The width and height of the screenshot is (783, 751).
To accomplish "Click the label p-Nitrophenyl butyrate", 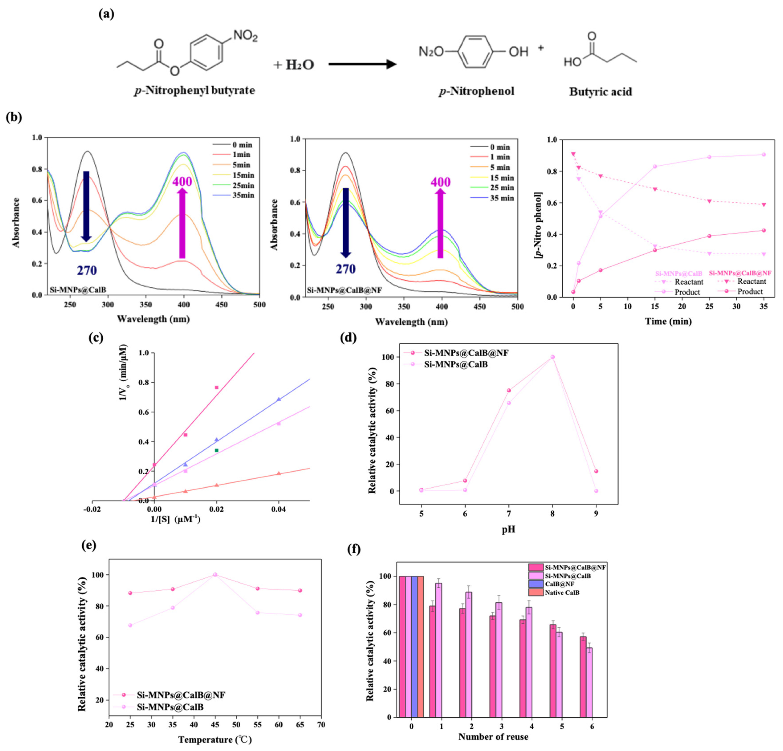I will pyautogui.click(x=195, y=90).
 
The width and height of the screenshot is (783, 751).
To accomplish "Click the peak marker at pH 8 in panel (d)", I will pyautogui.click(x=552, y=357).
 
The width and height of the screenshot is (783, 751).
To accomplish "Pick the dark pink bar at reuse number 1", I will pyautogui.click(x=432, y=661).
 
